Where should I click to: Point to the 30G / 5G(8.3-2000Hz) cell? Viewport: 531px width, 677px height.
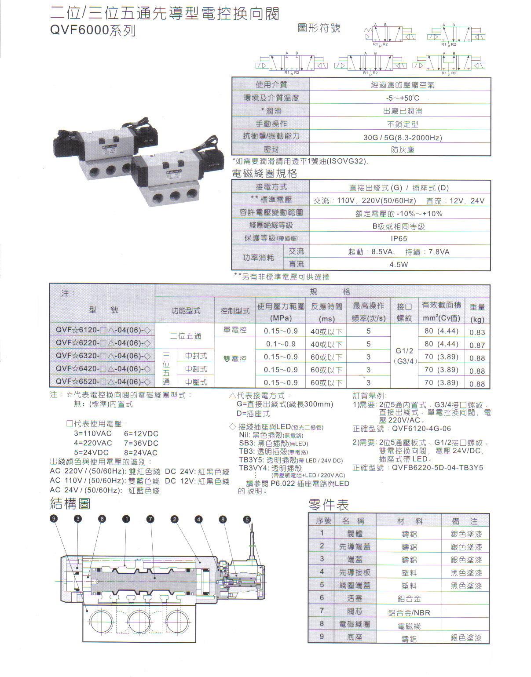coord(402,138)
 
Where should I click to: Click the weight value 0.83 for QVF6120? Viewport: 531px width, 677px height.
coord(477,332)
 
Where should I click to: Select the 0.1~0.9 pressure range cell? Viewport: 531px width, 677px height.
coord(281,344)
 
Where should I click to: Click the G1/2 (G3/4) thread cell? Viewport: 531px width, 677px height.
coord(404,356)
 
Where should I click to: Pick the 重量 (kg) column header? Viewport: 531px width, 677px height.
coord(477,313)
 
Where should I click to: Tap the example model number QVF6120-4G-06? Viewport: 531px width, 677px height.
coord(421,429)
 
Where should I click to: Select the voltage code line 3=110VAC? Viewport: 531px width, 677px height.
coord(93,433)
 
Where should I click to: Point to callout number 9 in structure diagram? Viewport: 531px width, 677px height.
coord(54,519)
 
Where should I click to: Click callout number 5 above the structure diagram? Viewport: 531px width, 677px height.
coord(247,519)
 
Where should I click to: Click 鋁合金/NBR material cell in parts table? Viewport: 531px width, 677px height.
coord(409,612)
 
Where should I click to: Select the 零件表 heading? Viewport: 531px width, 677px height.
coord(329,504)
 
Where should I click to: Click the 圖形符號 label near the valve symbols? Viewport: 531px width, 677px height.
coord(319,29)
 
